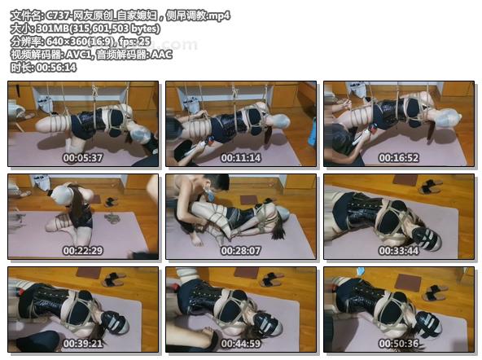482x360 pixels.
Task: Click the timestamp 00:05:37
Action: (x=83, y=158)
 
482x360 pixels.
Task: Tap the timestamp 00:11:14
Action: (x=241, y=158)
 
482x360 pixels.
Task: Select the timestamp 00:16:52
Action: (x=399, y=158)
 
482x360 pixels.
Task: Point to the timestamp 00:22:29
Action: (x=83, y=251)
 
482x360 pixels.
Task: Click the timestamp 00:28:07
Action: (x=241, y=251)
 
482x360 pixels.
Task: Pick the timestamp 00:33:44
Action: (x=399, y=251)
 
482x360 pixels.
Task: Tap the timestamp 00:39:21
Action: (x=83, y=344)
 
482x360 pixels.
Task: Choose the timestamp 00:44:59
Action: (x=241, y=344)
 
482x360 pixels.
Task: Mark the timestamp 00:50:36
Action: (x=399, y=344)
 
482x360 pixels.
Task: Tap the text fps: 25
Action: (x=135, y=42)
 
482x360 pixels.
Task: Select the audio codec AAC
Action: (x=161, y=55)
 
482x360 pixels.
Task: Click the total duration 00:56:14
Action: (x=56, y=68)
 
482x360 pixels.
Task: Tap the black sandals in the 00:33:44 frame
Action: (x=430, y=186)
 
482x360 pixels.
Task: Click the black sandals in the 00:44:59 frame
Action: (x=272, y=279)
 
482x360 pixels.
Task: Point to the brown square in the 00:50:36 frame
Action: (x=408, y=283)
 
